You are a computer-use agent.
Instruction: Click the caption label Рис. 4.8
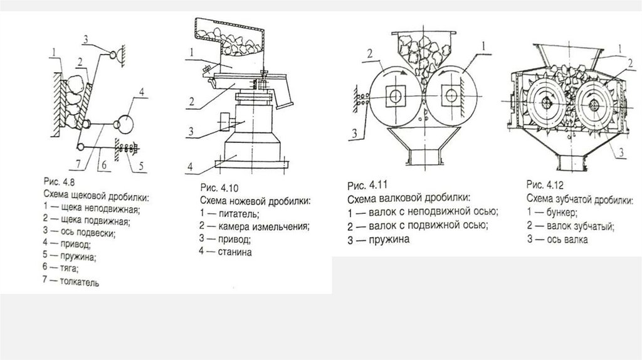pos(59,181)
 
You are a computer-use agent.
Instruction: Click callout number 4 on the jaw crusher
pos(142,92)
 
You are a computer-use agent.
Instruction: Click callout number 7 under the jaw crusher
pos(79,164)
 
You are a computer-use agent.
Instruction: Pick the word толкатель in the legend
pos(80,282)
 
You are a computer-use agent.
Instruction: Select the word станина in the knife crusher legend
pos(234,252)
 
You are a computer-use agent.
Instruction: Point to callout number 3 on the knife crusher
pos(191,132)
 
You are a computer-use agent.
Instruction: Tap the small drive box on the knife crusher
pos(226,122)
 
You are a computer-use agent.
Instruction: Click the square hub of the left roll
pos(395,96)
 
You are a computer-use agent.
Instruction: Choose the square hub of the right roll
pos(451,95)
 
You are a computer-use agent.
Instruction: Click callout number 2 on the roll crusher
pos(370,54)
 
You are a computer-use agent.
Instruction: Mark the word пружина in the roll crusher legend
pos(389,239)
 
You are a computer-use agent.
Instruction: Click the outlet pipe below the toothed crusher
pos(573,162)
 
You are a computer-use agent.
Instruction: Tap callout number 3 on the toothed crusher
pos(621,153)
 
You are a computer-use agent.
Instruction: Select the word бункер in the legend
pos(562,213)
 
